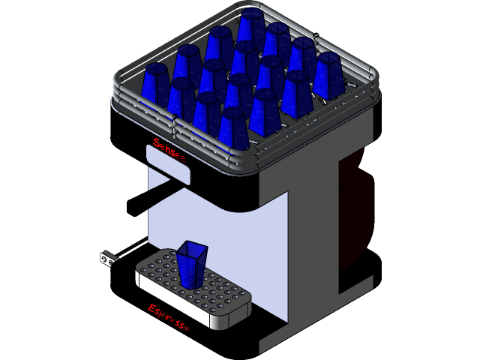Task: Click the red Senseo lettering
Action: (169, 148)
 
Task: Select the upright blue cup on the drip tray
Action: (190, 263)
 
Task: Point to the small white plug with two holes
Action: (109, 259)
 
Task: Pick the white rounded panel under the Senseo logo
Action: (167, 164)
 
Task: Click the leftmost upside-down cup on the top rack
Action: (155, 84)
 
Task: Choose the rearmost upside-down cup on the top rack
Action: (252, 27)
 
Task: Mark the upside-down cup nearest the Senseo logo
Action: (233, 127)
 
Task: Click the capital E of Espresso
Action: (152, 308)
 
